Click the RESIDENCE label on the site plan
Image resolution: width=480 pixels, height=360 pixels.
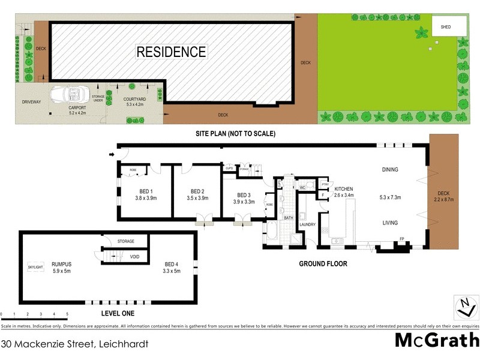(171, 52)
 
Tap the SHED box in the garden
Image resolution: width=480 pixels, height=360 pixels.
(445, 27)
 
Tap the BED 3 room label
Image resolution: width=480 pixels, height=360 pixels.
(244, 195)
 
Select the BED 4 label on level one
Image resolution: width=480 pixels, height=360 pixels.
(172, 264)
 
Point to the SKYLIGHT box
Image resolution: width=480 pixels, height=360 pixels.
(36, 266)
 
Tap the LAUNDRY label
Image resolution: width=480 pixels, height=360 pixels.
(308, 224)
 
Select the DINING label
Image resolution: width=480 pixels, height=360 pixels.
(390, 170)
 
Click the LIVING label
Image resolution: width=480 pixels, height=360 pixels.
(390, 223)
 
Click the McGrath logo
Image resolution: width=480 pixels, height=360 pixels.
(436, 340)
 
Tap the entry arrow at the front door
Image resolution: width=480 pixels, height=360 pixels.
(112, 155)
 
